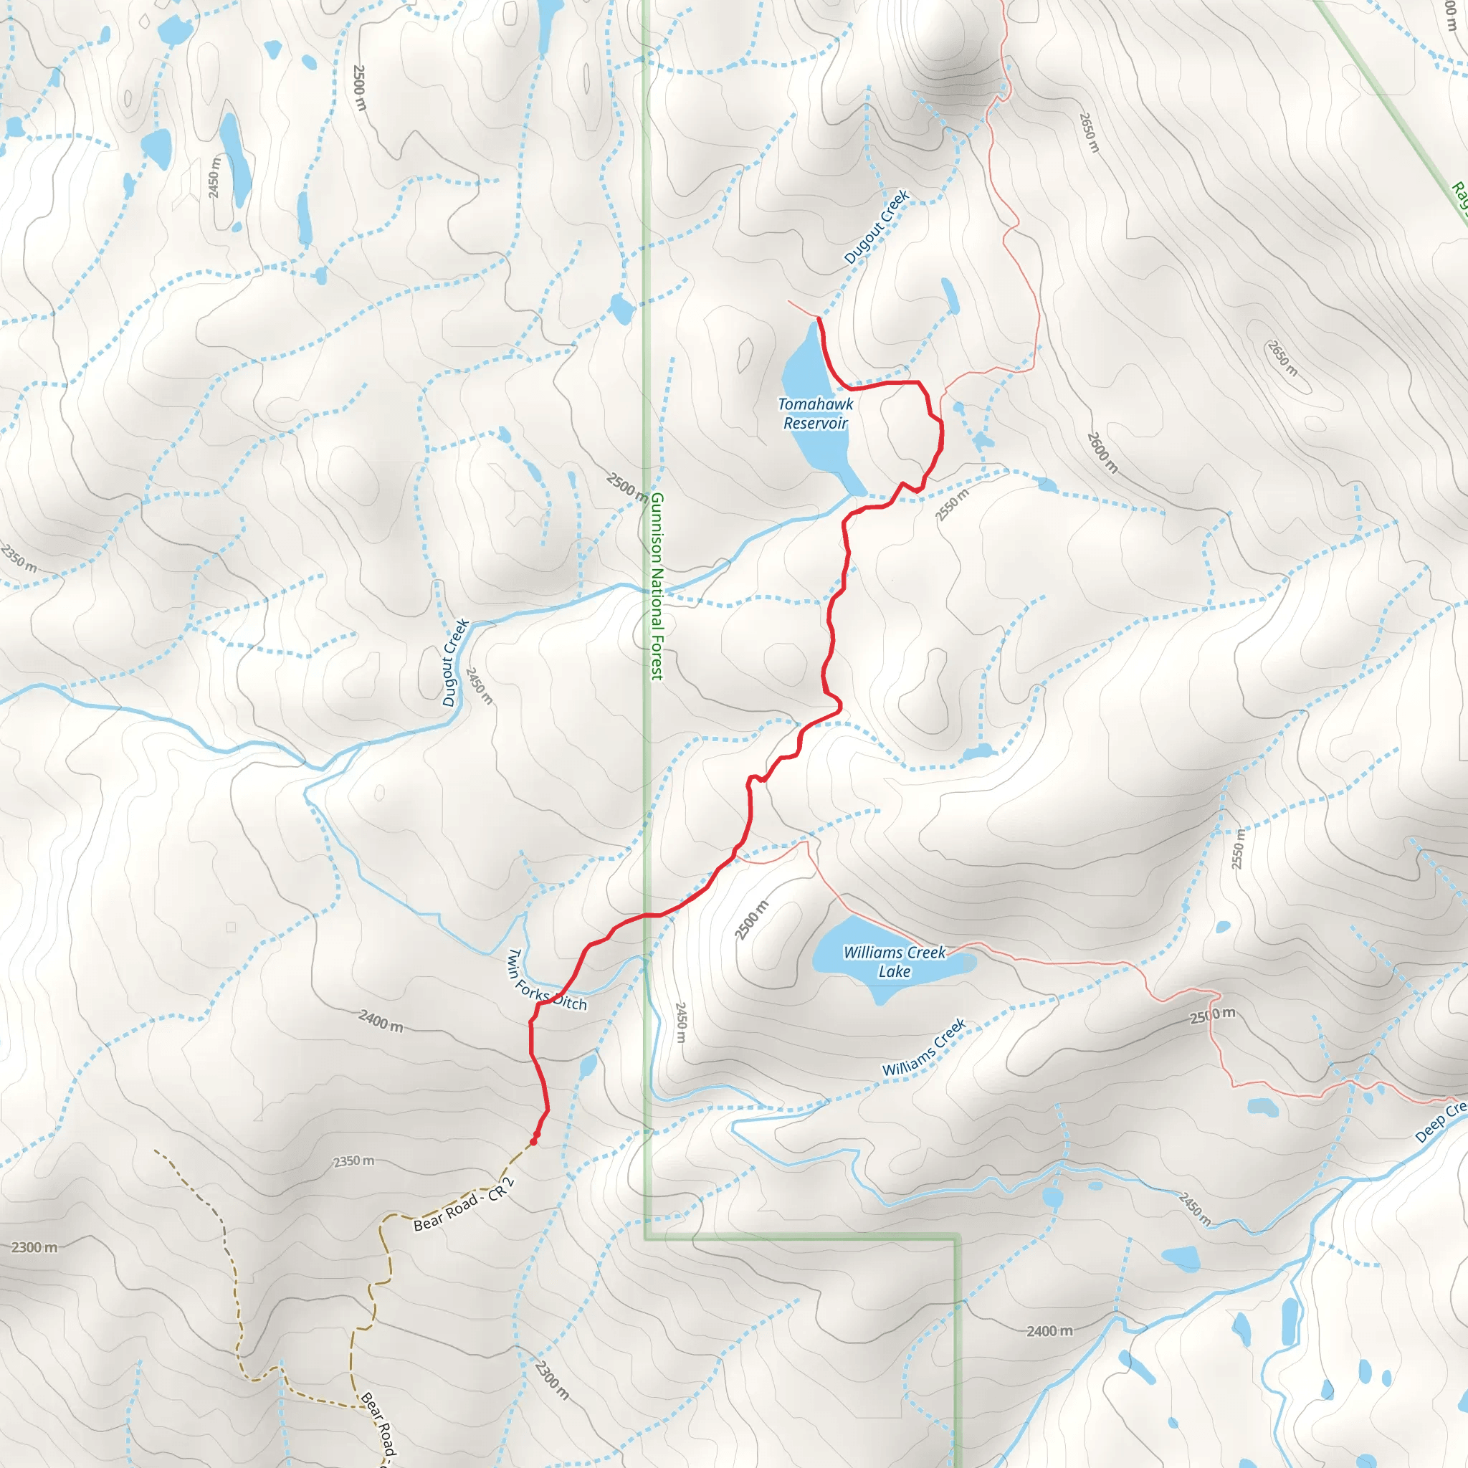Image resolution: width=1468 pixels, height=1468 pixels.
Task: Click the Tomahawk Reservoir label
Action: click(x=815, y=414)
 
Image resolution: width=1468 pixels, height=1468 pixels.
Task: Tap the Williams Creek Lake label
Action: click(x=895, y=961)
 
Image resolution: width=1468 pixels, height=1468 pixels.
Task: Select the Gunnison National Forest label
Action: click(x=657, y=586)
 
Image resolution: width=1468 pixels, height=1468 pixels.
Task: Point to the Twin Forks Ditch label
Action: click(x=546, y=979)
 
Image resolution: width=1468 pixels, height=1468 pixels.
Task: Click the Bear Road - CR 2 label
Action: click(x=464, y=1204)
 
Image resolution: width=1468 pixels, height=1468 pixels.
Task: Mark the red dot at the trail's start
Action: click(x=533, y=1141)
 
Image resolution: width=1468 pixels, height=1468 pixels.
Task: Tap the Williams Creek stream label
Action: click(x=923, y=1047)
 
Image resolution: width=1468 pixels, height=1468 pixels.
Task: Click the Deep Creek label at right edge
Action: click(x=1441, y=1122)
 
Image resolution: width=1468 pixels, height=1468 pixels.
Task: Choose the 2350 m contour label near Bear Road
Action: click(x=353, y=1161)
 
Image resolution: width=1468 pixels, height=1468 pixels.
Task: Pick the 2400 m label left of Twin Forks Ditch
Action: click(x=381, y=1021)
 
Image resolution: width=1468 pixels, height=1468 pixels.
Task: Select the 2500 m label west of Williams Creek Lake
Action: click(x=752, y=920)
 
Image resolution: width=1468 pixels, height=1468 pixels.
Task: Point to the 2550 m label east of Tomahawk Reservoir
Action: click(x=952, y=505)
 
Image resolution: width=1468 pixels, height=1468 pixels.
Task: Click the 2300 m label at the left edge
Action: click(x=34, y=1247)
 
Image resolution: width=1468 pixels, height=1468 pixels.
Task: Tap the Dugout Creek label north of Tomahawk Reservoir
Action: click(x=877, y=227)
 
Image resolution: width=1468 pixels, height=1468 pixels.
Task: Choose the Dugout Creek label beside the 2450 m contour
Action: click(x=455, y=662)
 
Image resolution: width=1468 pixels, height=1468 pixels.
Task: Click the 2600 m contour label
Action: click(x=1102, y=453)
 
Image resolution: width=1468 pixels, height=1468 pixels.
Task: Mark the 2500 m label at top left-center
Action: click(x=359, y=87)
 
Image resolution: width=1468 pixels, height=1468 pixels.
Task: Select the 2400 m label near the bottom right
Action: click(x=1049, y=1330)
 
